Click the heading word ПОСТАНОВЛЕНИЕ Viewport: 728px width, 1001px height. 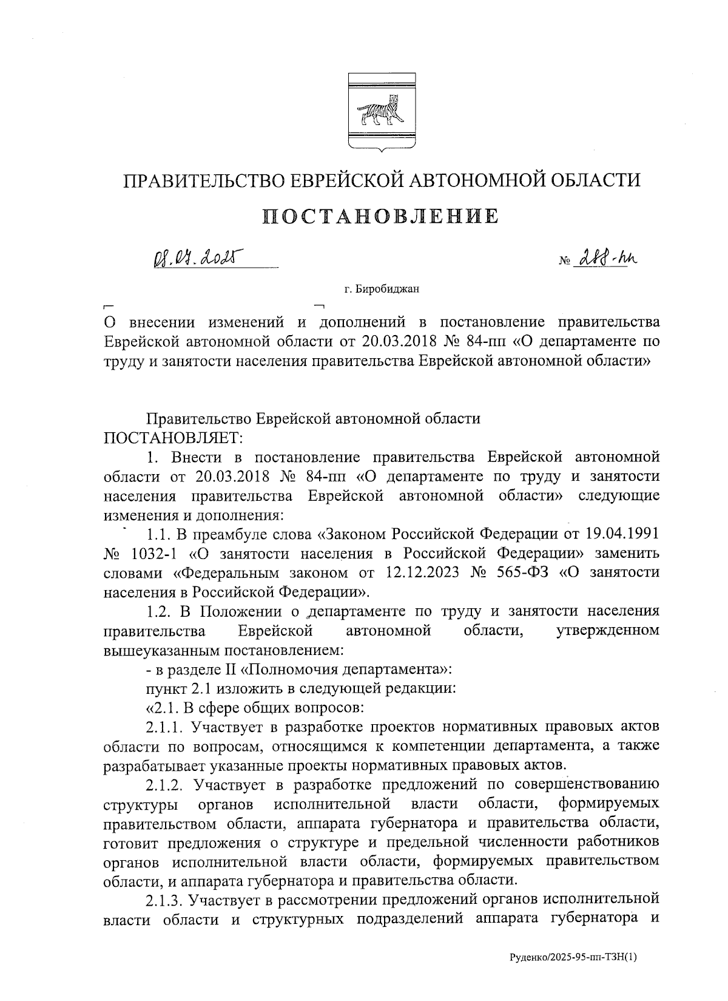pyautogui.click(x=381, y=216)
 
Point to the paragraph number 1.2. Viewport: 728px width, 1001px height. pyautogui.click(x=161, y=611)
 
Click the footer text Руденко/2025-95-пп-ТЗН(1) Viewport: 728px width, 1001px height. pyautogui.click(x=573, y=958)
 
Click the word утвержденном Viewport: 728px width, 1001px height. pyautogui.click(x=607, y=631)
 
